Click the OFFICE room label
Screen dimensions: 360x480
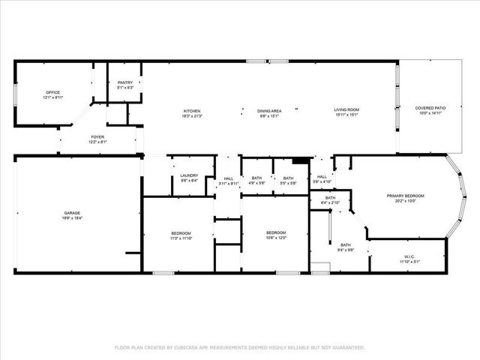[52, 93]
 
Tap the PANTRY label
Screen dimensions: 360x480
[124, 82]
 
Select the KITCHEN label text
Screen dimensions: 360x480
[191, 111]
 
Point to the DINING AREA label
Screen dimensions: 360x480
[268, 111]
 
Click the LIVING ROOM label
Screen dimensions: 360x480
[346, 111]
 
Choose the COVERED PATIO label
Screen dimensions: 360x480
[430, 108]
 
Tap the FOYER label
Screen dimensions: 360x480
[97, 136]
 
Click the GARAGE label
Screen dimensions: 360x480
[72, 213]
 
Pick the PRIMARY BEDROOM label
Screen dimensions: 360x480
[405, 196]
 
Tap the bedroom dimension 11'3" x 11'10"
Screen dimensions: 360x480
[181, 238]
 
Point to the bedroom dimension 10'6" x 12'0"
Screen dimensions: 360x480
[276, 238]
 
